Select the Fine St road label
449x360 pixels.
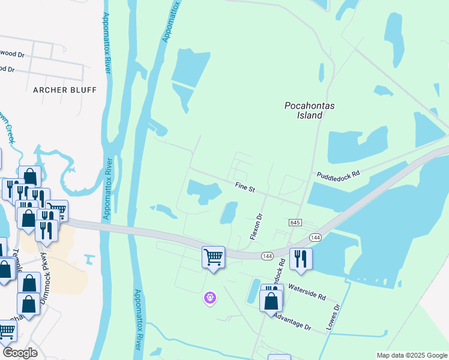tap(245, 188)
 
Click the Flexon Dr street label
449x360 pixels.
tap(256, 225)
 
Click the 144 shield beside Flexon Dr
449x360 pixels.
tap(268, 256)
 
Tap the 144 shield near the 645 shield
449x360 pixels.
tap(316, 238)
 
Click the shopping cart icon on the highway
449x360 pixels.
tap(214, 257)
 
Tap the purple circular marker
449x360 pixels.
tap(209, 296)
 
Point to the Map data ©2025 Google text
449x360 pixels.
tap(412, 355)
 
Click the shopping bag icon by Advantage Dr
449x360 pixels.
tap(271, 299)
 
